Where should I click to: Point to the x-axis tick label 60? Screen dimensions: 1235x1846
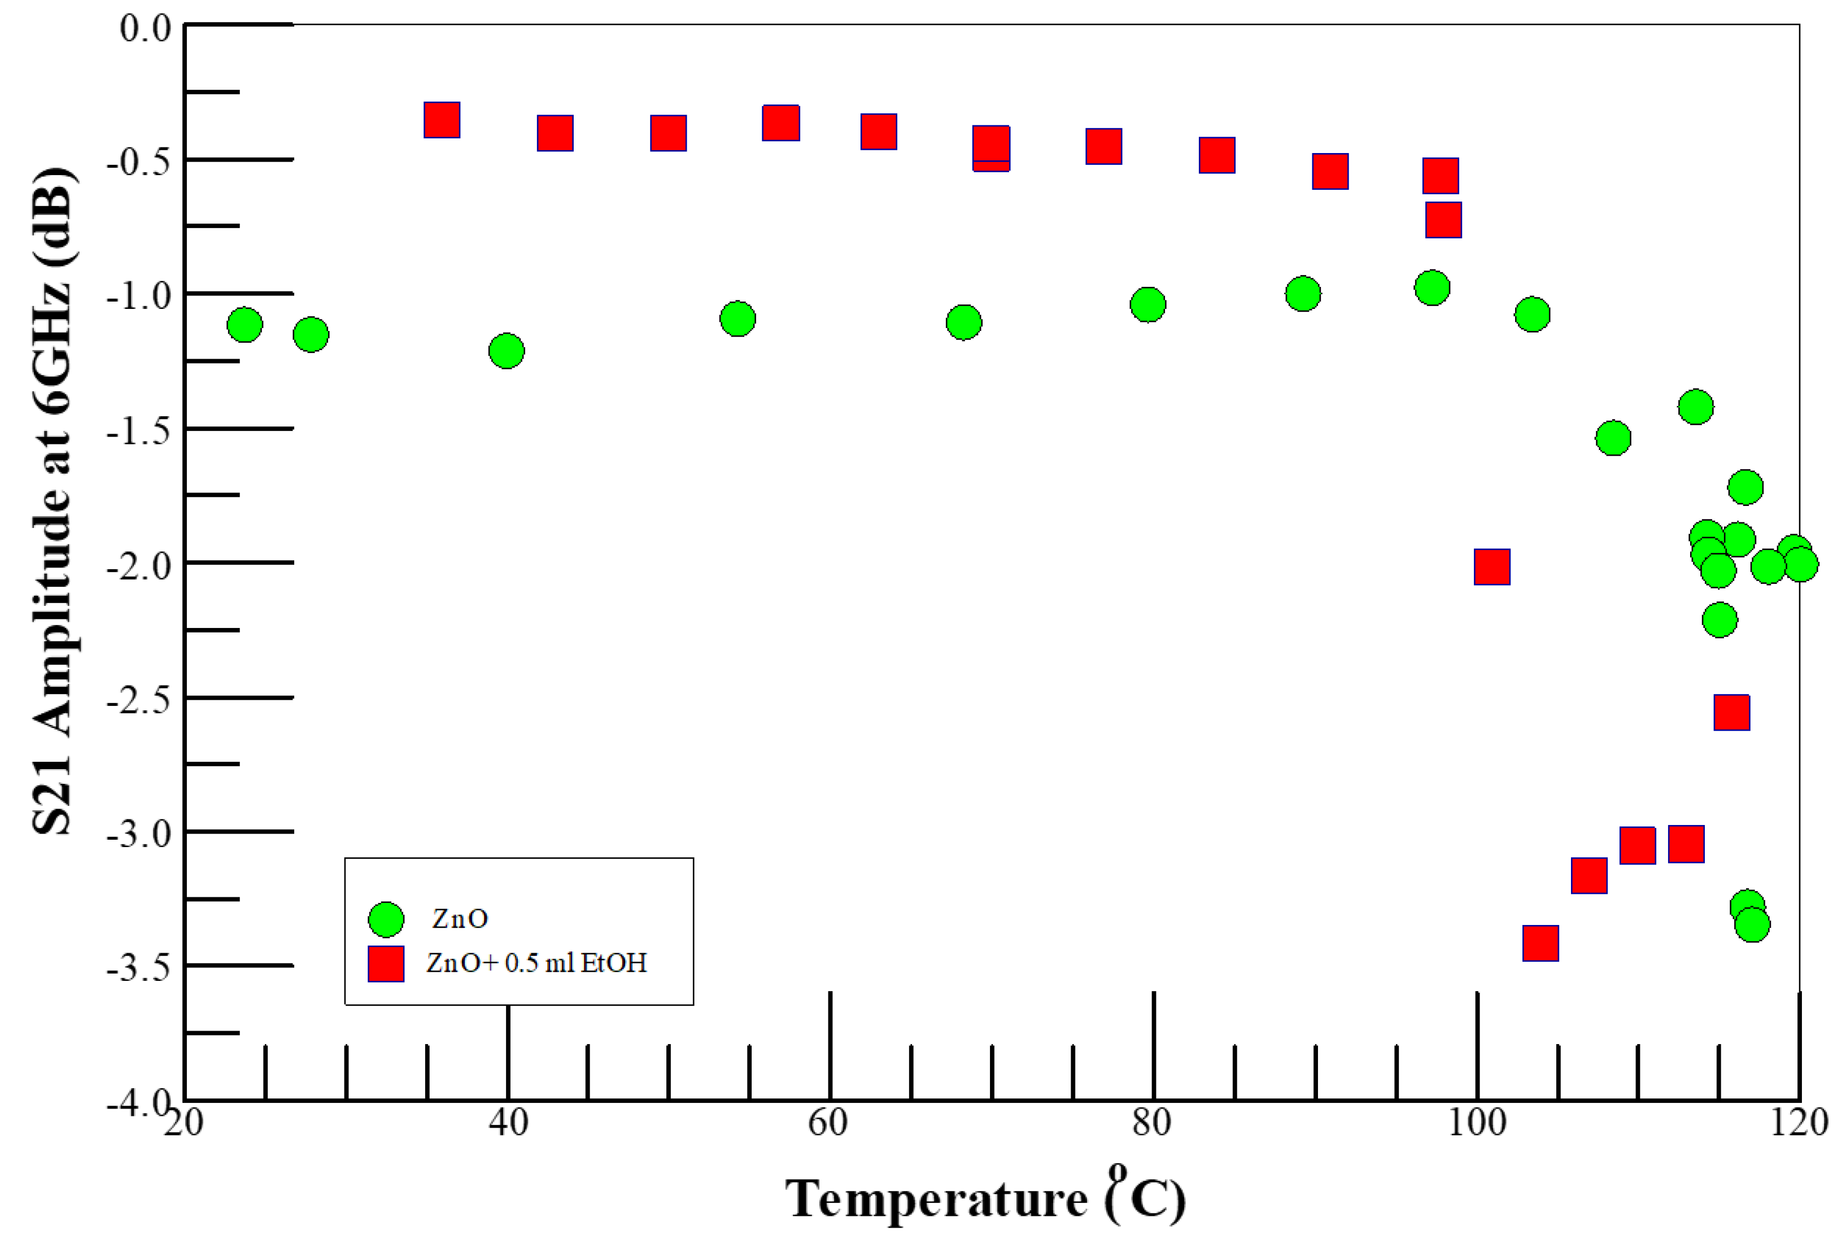click(x=828, y=1121)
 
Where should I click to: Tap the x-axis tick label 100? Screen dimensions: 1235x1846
click(x=1476, y=1121)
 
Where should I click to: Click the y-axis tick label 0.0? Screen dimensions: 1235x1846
click(x=146, y=28)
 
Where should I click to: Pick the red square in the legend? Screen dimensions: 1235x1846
click(x=386, y=963)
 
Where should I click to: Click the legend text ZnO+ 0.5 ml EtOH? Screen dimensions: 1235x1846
click(x=536, y=962)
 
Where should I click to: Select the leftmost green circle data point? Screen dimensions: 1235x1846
click(x=244, y=325)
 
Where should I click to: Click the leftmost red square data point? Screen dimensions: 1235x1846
click(x=442, y=120)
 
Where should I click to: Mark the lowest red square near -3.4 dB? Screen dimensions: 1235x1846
click(x=1540, y=943)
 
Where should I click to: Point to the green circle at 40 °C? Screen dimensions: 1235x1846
click(x=507, y=351)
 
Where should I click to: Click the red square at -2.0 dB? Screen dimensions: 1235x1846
click(x=1491, y=567)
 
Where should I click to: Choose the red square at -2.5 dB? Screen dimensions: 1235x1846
click(x=1732, y=712)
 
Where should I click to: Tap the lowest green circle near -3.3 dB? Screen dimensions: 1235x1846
click(x=1752, y=924)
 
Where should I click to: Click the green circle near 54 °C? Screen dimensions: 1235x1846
click(x=737, y=318)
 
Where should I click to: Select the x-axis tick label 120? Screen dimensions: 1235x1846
click(x=1799, y=1121)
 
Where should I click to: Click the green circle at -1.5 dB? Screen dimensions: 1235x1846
click(x=1613, y=437)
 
